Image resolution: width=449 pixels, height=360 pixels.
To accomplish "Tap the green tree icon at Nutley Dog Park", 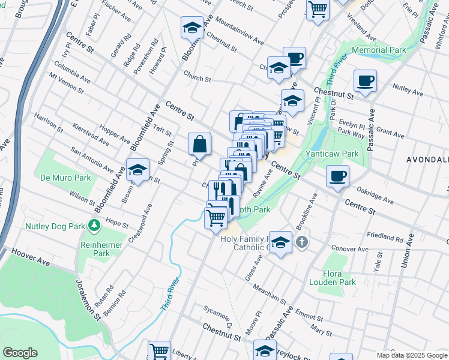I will pyautogui.click(x=94, y=226).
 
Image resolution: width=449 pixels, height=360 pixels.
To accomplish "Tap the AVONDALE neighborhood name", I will pyautogui.click(x=428, y=160).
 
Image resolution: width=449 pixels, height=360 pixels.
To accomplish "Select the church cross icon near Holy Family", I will pyautogui.click(x=302, y=242).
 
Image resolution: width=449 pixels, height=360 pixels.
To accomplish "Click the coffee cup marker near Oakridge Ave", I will pyautogui.click(x=338, y=176).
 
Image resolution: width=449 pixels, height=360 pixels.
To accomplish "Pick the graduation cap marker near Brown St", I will pyautogui.click(x=137, y=170).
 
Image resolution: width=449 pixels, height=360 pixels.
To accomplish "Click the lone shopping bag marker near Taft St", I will pyautogui.click(x=200, y=144).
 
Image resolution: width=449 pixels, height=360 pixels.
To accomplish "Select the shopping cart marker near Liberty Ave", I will pyautogui.click(x=159, y=351).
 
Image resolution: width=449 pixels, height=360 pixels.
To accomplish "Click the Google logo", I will pyautogui.click(x=20, y=353).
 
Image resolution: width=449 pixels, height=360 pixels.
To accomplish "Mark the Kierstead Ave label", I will pyautogui.click(x=89, y=136).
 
